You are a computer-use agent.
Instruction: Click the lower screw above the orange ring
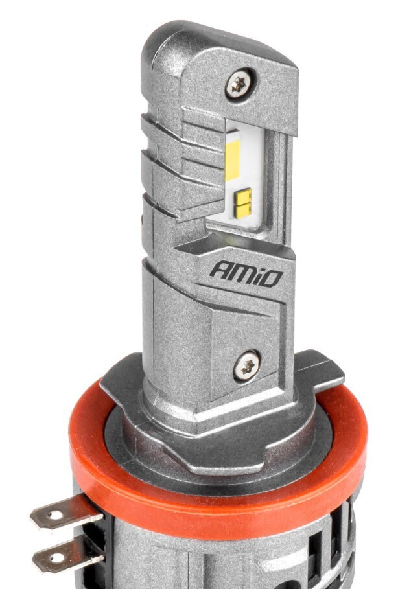click(247, 364)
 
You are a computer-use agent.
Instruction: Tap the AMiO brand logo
click(246, 273)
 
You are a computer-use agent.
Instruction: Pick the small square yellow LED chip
click(243, 203)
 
